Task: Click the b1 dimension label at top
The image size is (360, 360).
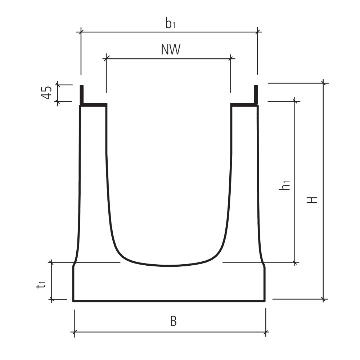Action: pyautogui.click(x=170, y=24)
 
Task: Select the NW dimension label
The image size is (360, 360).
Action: pyautogui.click(x=170, y=50)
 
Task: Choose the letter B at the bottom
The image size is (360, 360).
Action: pyautogui.click(x=173, y=321)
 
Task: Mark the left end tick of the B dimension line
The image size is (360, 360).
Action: pyautogui.click(x=75, y=332)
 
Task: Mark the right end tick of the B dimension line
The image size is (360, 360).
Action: pyautogui.click(x=266, y=332)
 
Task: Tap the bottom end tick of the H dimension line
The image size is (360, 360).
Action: pyautogui.click(x=325, y=299)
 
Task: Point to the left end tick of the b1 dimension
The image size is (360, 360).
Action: pyautogui.click(x=81, y=32)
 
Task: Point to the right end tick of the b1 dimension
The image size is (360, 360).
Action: pyautogui.click(x=257, y=32)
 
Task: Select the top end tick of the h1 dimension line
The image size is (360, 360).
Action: pyautogui.click(x=296, y=102)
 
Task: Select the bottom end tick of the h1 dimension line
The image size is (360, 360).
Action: pyautogui.click(x=296, y=262)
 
